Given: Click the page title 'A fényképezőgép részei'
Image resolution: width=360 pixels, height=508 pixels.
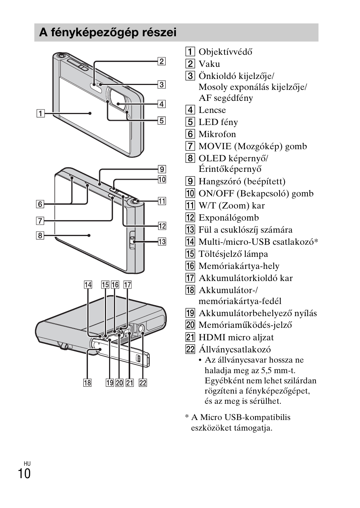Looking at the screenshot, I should pos(108,33).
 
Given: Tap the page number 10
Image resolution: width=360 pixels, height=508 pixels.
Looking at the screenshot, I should pos(24,474).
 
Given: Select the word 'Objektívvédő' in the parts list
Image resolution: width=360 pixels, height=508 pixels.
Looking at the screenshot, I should pos(225,52).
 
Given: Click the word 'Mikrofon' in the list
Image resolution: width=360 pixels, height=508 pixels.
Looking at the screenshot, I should pos(217,134).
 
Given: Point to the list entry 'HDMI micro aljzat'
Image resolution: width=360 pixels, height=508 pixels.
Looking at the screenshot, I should pos(236,337).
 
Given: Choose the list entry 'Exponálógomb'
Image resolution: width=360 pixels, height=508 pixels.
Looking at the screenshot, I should pos(229,218).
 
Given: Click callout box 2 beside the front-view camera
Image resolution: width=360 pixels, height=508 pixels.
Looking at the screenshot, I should pos(162,61).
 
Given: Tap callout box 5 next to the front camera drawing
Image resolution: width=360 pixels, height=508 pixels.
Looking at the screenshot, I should pos(162,120).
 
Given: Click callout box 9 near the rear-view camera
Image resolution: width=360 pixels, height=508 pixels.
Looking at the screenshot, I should pos(162,169).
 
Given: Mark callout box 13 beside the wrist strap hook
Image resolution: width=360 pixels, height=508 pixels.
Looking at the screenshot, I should pos(162,242).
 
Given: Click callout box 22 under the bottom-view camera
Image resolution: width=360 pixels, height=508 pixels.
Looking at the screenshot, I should pos(143,383).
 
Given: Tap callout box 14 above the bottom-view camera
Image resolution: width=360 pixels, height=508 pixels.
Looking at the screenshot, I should pos(88,285).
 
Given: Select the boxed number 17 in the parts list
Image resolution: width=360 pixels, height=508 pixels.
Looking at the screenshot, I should pos(190,278).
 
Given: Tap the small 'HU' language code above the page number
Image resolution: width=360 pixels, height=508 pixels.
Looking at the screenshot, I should pos(27,463).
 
